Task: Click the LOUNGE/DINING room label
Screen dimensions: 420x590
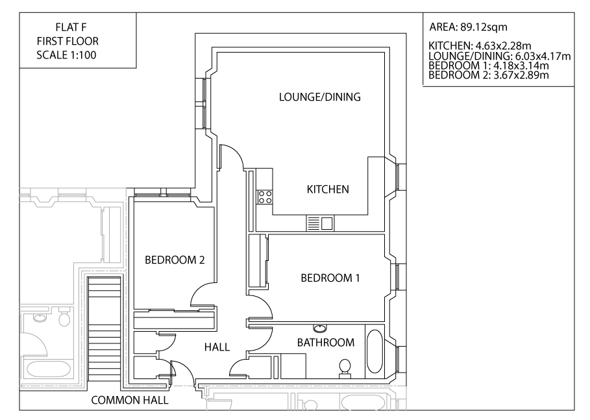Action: (319, 97)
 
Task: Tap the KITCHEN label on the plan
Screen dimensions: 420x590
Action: (328, 190)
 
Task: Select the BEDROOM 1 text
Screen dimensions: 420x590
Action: (330, 278)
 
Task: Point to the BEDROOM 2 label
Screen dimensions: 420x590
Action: (175, 260)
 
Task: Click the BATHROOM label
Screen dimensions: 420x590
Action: (326, 342)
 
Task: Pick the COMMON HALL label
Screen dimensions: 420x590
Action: (130, 401)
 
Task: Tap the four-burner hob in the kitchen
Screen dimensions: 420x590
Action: (265, 197)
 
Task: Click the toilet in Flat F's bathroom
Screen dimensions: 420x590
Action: (345, 368)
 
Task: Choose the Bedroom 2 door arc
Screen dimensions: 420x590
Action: (203, 295)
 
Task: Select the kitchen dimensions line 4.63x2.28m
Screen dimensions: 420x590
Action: (481, 47)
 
